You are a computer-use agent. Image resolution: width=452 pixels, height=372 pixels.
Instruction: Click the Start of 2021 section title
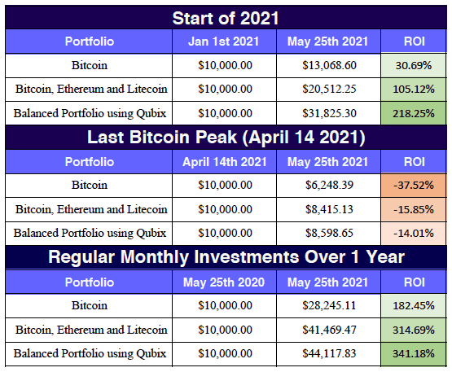click(x=226, y=18)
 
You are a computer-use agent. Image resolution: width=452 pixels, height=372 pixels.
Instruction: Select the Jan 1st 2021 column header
click(x=224, y=42)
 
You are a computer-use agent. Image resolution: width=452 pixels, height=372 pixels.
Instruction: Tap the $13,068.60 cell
click(x=329, y=65)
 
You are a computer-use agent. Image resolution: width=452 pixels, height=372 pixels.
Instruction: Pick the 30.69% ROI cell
click(x=414, y=65)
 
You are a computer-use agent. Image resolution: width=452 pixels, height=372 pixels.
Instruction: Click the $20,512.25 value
click(x=329, y=89)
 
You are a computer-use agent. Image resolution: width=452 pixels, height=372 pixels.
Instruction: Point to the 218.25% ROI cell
click(x=414, y=113)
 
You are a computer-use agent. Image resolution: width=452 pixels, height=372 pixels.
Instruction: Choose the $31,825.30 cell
click(x=329, y=113)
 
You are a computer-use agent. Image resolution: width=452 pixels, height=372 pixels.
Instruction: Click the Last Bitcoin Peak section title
click(x=226, y=137)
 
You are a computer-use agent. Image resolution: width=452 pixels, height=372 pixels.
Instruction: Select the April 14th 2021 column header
click(x=225, y=162)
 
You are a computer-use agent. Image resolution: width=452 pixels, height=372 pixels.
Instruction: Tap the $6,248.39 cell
click(x=329, y=185)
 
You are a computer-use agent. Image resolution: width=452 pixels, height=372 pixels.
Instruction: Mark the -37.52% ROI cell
click(x=414, y=186)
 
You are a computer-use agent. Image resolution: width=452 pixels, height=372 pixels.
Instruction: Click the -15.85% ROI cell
click(x=414, y=209)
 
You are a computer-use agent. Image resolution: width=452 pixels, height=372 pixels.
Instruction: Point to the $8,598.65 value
click(x=329, y=233)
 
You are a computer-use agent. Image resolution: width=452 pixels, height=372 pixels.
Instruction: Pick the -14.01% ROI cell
click(x=414, y=233)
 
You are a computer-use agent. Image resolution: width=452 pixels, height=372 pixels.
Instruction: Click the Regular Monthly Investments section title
click(x=226, y=256)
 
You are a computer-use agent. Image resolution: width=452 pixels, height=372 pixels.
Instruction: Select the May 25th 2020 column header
click(x=224, y=282)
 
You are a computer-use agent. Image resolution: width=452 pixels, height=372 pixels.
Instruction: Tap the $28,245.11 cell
click(x=329, y=305)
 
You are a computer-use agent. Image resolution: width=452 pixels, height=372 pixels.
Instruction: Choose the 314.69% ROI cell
click(x=414, y=330)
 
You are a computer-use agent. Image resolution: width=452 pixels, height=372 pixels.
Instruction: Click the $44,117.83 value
click(x=329, y=353)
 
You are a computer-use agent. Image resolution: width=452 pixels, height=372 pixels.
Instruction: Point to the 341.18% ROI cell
click(x=414, y=354)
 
